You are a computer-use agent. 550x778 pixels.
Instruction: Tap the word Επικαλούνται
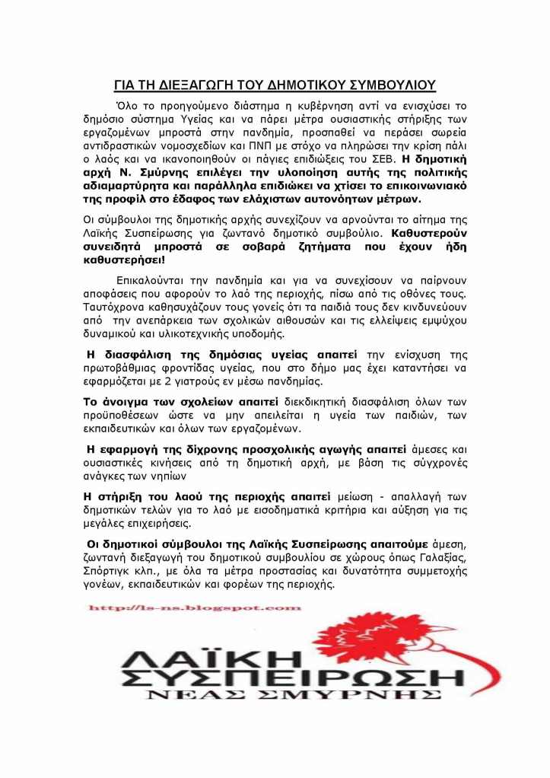[x=154, y=281]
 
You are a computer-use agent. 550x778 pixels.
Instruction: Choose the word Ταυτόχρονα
[x=116, y=308]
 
